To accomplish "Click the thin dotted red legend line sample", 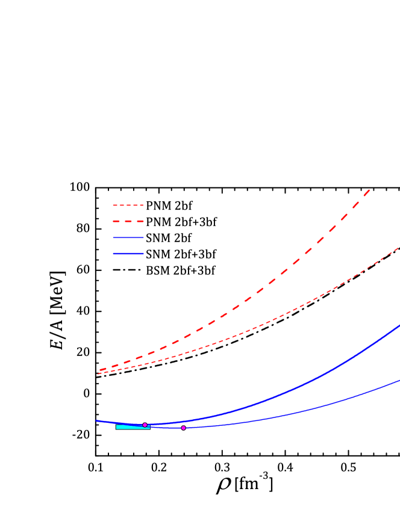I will point(128,205).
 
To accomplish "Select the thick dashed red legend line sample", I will point(128,222).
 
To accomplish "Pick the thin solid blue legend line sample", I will point(128,237).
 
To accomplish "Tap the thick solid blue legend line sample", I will point(128,254).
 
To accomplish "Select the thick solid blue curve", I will point(301,387).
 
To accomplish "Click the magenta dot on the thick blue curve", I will point(145,425).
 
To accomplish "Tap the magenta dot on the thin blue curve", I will point(183,428).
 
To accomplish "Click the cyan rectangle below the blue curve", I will point(133,427).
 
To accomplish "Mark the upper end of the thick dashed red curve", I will point(369,190).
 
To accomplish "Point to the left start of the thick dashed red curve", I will point(100,370).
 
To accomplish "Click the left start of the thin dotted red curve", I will point(98,374).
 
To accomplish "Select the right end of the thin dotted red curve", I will point(399,248).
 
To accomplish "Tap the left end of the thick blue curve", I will point(96,420).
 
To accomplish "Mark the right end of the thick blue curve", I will point(399,326).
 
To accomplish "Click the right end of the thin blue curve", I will point(399,380).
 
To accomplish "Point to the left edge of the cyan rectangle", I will point(117,427).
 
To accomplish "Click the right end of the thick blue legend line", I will point(143,254).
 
